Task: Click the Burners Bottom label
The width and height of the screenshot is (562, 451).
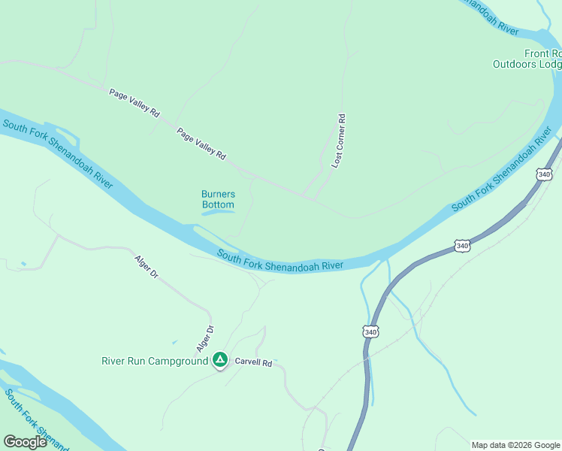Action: (x=218, y=199)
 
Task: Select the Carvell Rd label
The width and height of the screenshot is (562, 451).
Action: (x=252, y=362)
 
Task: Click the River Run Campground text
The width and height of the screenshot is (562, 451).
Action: (x=154, y=362)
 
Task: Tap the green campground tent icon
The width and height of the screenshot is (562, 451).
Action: (x=219, y=361)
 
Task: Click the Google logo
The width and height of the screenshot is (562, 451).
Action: (x=25, y=441)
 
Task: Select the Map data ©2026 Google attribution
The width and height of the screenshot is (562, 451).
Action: (x=515, y=445)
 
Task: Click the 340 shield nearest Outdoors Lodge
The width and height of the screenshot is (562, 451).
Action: (x=545, y=174)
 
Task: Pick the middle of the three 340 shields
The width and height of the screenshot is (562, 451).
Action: (x=463, y=246)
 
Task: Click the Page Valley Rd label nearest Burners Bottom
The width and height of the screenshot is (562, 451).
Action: (x=201, y=144)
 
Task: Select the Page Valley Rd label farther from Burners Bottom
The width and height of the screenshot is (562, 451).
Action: (x=134, y=103)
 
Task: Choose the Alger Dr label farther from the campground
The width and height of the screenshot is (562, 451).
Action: (x=147, y=268)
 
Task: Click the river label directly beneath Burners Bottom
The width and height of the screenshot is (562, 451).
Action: (x=280, y=261)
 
